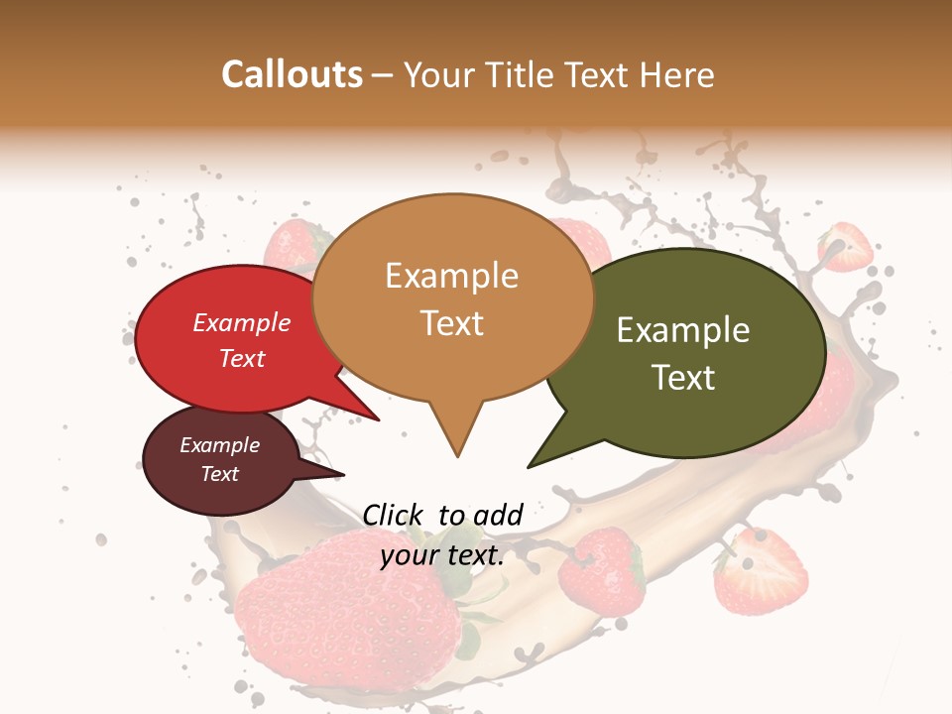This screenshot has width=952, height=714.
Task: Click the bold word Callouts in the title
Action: (x=292, y=74)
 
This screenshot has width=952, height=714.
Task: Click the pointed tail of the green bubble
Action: (x=532, y=465)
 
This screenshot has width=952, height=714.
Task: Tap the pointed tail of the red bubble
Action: (x=377, y=419)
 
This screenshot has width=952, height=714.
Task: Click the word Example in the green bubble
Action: (x=683, y=330)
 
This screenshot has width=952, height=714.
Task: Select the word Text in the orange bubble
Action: (x=452, y=323)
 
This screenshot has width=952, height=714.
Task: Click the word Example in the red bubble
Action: (x=242, y=322)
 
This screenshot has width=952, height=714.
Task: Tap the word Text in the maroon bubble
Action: (x=220, y=474)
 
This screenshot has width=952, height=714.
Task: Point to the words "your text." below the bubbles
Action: (x=442, y=555)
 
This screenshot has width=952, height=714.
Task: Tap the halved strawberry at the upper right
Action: (x=845, y=247)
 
